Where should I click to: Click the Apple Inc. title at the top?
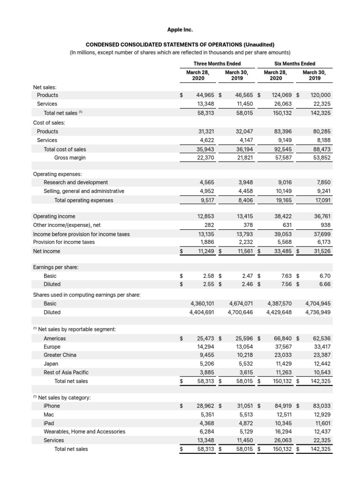(180, 30)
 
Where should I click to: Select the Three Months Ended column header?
(217, 64)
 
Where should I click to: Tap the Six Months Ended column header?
(295, 64)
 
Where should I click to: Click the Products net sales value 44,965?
(205, 95)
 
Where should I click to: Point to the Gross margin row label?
(70, 158)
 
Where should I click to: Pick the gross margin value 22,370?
(205, 158)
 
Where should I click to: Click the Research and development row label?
(75, 182)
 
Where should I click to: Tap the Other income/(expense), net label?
(67, 225)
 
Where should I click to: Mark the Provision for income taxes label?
(64, 242)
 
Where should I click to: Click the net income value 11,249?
(205, 251)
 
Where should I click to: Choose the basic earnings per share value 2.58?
(208, 276)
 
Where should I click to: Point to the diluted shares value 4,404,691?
(202, 312)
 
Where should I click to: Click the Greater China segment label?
(60, 355)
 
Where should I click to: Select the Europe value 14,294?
(205, 347)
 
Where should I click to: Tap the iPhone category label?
(52, 406)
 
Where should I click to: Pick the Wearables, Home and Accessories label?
(84, 431)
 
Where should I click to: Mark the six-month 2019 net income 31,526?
(322, 251)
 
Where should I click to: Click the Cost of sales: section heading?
(49, 123)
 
